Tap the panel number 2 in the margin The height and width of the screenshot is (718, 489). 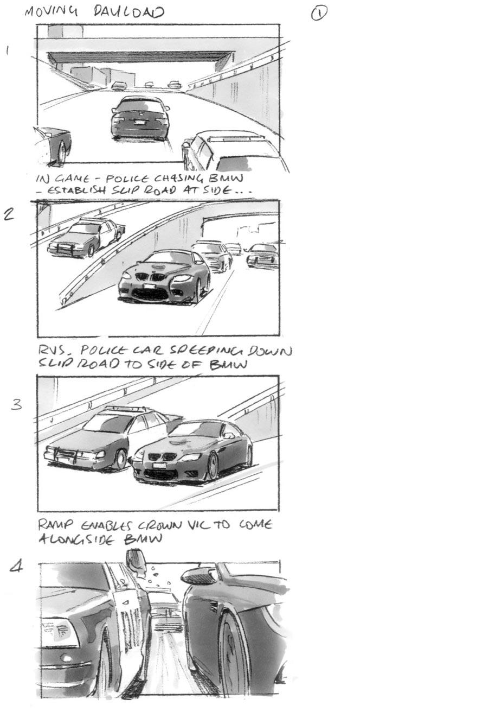point(9,214)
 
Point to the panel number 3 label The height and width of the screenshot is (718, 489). point(17,405)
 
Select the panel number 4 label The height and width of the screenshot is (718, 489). point(17,567)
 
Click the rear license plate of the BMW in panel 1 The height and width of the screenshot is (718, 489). point(140,123)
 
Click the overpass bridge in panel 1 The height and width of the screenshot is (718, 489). point(141,57)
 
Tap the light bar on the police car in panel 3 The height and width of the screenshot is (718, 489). point(127,409)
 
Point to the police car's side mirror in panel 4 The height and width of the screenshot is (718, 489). point(136,562)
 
